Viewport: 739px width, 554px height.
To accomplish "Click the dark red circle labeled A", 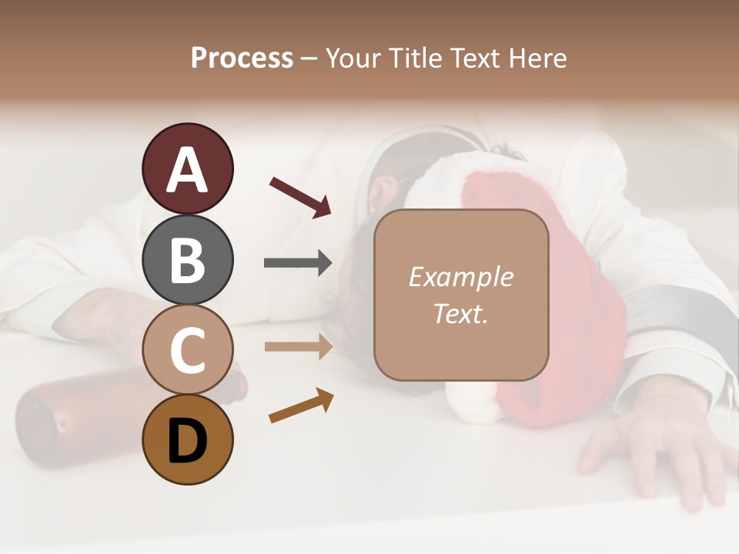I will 187,169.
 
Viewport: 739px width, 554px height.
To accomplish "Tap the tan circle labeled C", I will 187,350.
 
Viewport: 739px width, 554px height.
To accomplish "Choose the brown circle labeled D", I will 187,440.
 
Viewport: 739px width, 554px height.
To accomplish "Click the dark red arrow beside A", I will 300,197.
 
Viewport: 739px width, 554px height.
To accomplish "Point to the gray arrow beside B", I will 298,263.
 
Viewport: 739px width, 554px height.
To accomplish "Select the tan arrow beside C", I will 298,346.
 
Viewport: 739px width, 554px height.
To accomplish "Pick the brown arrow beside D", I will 301,406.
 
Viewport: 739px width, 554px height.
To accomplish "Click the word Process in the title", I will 242,58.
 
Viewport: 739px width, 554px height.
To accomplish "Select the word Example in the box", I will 460,277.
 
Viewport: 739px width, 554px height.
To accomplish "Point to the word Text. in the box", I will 460,313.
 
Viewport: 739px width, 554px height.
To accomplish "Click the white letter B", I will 187,260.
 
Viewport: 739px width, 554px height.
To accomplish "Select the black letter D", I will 187,442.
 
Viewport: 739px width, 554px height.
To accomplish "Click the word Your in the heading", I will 353,58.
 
